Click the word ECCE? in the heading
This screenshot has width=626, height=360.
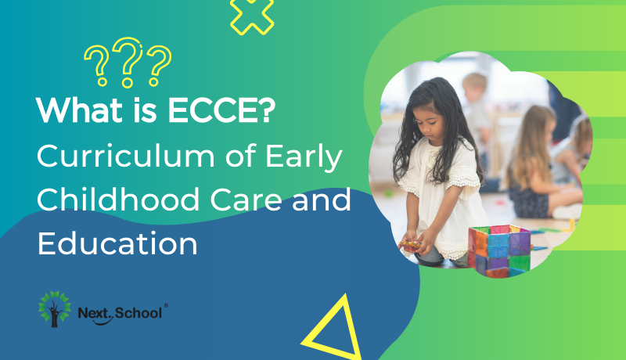(x=221, y=110)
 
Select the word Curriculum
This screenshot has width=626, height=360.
(x=126, y=156)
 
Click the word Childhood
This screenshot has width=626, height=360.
(x=118, y=199)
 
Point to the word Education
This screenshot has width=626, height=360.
(x=117, y=243)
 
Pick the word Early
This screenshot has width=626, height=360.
(x=304, y=157)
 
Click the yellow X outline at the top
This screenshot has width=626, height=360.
(x=252, y=16)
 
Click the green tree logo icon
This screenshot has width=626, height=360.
(x=55, y=309)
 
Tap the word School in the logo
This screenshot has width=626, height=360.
(x=139, y=313)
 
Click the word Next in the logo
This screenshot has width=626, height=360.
(x=92, y=313)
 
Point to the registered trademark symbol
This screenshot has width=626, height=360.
(x=166, y=305)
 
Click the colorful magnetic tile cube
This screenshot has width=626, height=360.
(x=499, y=250)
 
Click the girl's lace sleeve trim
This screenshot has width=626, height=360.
(x=462, y=176)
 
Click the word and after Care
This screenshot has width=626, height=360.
(x=322, y=200)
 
